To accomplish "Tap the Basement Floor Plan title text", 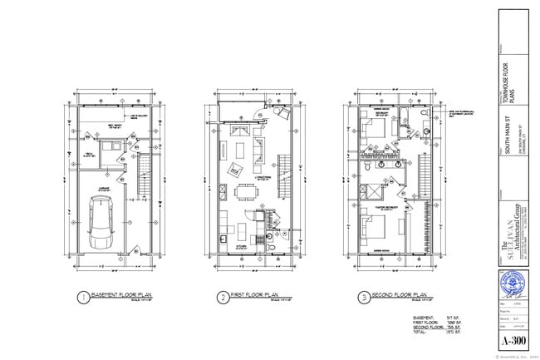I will [x=124, y=296].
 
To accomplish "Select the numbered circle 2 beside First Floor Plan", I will [x=223, y=297].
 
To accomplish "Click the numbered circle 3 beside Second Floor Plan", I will [x=364, y=297].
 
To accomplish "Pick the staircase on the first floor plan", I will [x=283, y=171].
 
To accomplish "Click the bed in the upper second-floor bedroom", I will [x=371, y=131].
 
